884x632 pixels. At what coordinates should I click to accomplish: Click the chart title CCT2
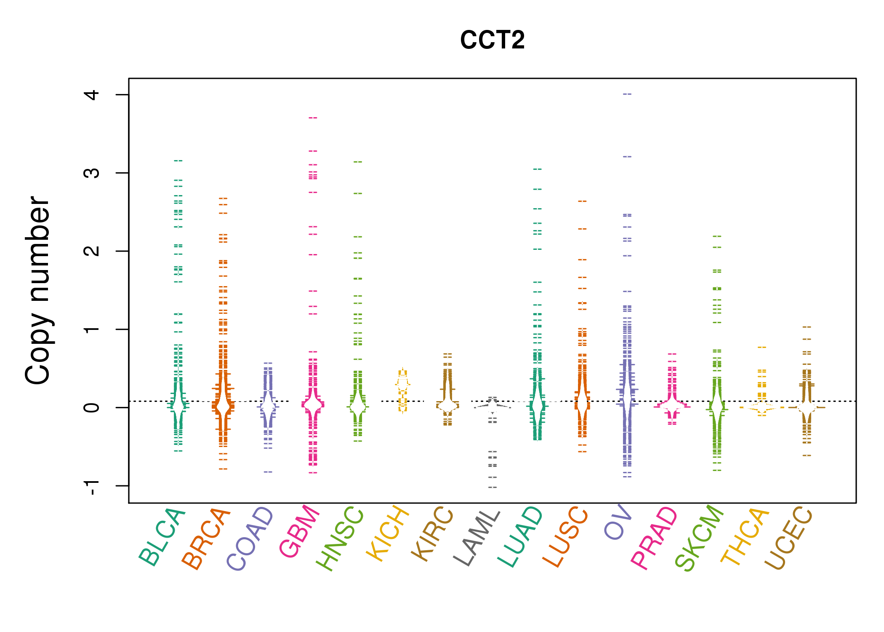(492, 40)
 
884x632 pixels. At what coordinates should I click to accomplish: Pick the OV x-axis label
(618, 522)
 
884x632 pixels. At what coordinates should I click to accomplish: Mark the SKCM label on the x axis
(699, 538)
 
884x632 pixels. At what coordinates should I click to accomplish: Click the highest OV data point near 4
(627, 94)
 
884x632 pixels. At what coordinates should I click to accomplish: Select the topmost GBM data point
(313, 118)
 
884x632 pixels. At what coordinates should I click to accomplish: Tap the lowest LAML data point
(493, 487)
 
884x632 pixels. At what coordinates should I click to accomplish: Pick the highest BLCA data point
(178, 161)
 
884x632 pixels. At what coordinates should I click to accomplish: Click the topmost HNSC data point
(358, 162)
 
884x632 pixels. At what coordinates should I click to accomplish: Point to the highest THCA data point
(762, 348)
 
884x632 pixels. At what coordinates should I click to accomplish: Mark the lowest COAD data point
(268, 472)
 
